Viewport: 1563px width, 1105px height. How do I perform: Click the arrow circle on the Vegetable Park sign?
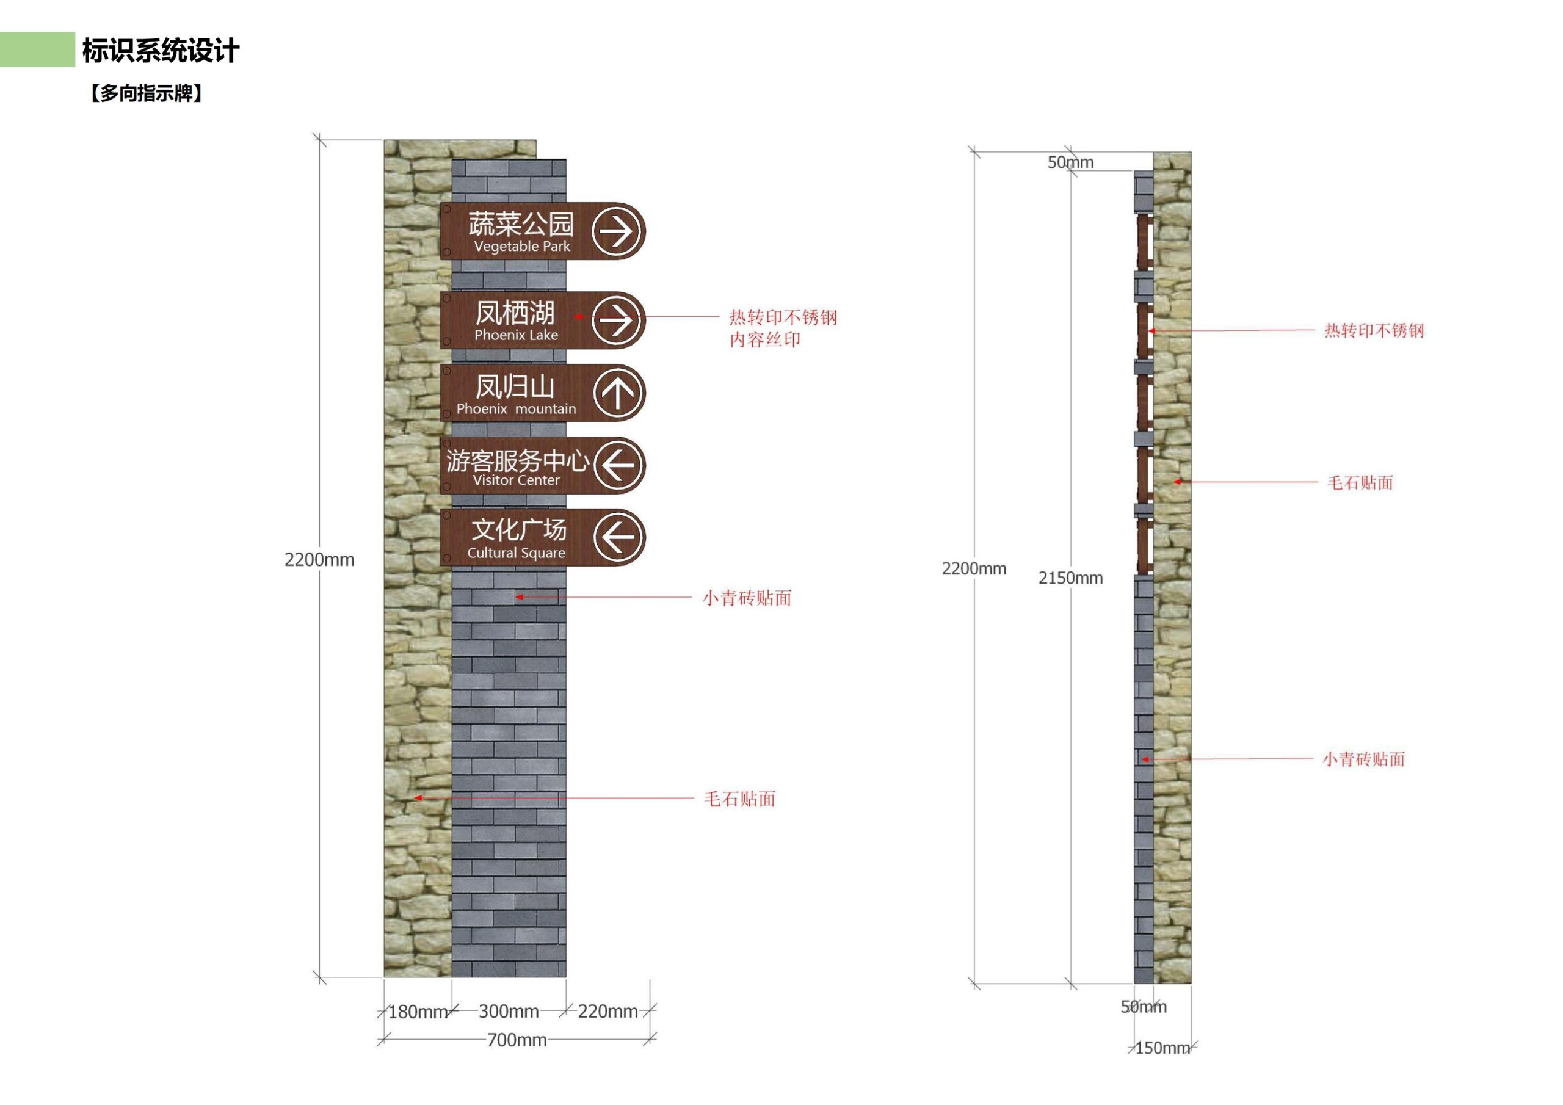point(617,231)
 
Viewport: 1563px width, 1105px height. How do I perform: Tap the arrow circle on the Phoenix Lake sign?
point(617,320)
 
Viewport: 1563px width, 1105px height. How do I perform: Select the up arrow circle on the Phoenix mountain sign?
point(617,393)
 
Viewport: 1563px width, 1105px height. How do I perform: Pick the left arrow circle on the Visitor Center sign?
point(618,466)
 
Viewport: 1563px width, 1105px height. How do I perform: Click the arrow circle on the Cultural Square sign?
point(618,537)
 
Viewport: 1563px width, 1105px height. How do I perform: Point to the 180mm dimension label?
point(417,1012)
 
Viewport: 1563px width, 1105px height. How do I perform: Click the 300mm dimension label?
point(509,1011)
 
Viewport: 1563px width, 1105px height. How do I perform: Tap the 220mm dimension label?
point(608,1011)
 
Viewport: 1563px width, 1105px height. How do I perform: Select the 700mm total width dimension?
point(517,1040)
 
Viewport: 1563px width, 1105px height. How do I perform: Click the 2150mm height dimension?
point(1070,578)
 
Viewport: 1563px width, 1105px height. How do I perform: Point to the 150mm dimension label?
point(1162,1048)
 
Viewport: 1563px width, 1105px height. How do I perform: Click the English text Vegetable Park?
point(522,247)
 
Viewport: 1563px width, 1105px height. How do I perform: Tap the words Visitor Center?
point(516,480)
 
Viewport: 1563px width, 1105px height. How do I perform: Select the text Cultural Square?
point(516,553)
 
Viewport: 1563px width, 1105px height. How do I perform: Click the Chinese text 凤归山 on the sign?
point(515,386)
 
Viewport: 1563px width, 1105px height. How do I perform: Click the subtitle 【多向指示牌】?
point(146,93)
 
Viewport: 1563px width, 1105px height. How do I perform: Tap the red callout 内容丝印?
point(764,339)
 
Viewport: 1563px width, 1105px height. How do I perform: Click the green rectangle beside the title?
point(37,49)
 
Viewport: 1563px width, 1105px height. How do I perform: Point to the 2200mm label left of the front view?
point(319,560)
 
